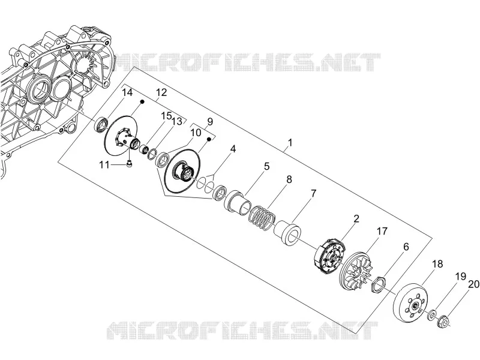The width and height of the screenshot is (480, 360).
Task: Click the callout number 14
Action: pos(127,92)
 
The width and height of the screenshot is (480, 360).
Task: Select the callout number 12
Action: pos(161,92)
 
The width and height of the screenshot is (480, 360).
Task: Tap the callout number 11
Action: pos(104,165)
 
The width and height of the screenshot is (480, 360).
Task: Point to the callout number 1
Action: pos(290,143)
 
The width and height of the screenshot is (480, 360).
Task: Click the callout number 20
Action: pos(473,284)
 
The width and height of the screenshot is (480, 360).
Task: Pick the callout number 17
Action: pos(382,231)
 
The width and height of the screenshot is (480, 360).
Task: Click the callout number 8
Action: pos(289,179)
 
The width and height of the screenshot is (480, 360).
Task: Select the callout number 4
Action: pos(233,149)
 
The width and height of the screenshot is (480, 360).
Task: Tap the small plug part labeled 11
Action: pos(130,164)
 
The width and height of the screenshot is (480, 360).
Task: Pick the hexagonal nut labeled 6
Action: pos(377,283)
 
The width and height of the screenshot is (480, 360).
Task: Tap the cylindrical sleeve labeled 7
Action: pos(287,234)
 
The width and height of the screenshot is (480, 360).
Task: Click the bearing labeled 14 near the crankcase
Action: pos(101,124)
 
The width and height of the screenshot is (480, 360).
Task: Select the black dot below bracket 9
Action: pos(209,140)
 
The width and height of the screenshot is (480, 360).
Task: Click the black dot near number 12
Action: pos(142,101)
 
